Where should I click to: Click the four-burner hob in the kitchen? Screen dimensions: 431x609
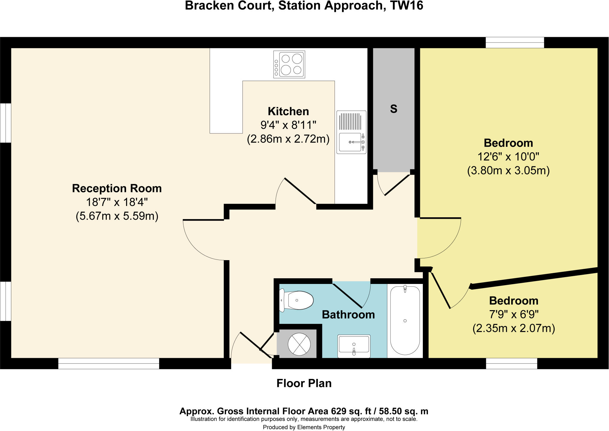pyautogui.click(x=289, y=64)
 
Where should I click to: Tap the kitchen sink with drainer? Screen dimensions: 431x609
pyautogui.click(x=351, y=132)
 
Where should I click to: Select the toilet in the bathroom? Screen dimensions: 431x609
pyautogui.click(x=297, y=301)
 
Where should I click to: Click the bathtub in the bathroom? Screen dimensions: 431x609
pyautogui.click(x=405, y=321)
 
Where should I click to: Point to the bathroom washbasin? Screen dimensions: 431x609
pyautogui.click(x=354, y=346)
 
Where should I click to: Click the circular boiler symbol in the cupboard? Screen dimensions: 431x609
pyautogui.click(x=299, y=344)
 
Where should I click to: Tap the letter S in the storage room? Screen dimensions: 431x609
pyautogui.click(x=393, y=109)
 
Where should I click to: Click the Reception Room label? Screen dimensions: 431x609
pyautogui.click(x=117, y=188)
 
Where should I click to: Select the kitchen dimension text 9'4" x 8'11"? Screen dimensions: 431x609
pyautogui.click(x=288, y=125)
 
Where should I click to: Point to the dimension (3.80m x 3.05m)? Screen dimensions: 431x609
pyautogui.click(x=508, y=171)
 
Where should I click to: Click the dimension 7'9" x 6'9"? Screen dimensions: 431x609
pyautogui.click(x=514, y=315)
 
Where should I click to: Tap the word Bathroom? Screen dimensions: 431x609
pyautogui.click(x=348, y=315)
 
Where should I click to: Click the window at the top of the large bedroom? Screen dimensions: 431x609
pyautogui.click(x=515, y=43)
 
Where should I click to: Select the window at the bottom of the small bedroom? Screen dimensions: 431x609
pyautogui.click(x=511, y=363)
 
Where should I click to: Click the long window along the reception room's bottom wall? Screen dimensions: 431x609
pyautogui.click(x=109, y=363)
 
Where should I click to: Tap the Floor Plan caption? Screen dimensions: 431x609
pyautogui.click(x=304, y=383)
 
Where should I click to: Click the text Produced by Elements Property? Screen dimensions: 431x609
pyautogui.click(x=304, y=427)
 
